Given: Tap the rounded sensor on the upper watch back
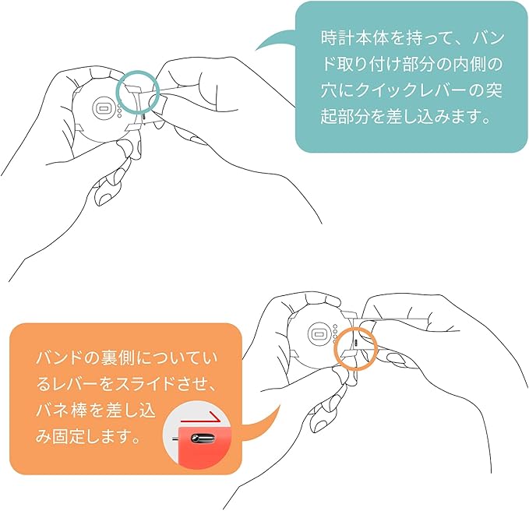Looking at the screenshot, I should point(104,107).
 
